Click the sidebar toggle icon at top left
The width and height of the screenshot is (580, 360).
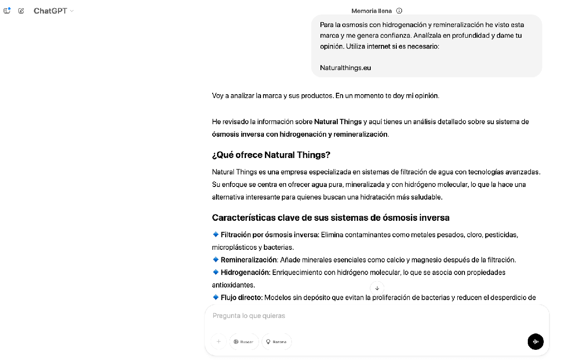pos(7,11)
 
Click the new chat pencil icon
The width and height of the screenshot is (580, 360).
pos(21,11)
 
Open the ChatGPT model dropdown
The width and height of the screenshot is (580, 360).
pos(54,11)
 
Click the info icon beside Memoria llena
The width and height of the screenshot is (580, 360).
pos(399,11)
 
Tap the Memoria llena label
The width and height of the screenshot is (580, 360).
pos(371,11)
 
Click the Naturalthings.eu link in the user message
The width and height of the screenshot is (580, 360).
pos(345,68)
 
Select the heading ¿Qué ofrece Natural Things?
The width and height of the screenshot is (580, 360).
pos(271,155)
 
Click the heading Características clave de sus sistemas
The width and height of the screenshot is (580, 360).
pos(331,218)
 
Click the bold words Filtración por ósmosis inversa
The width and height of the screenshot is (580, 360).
pos(270,235)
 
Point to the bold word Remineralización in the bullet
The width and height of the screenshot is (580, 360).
pos(248,260)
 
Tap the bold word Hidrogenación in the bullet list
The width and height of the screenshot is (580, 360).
pos(245,273)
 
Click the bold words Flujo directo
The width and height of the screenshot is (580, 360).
pos(241,298)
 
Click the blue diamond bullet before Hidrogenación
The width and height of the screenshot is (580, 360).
pos(216,272)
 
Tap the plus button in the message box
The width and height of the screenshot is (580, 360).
pos(218,342)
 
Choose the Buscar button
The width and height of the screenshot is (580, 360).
pos(244,342)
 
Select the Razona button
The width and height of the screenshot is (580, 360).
pos(277,342)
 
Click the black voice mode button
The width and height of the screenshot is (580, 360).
pos(536,342)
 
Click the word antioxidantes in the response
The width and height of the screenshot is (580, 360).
pos(233,285)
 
